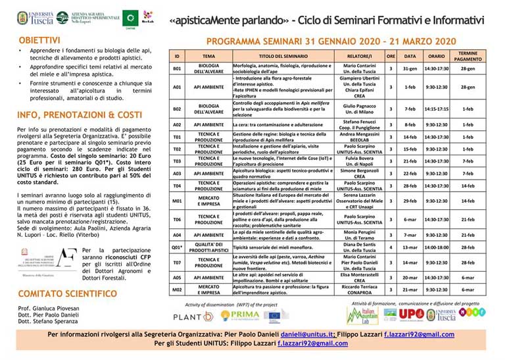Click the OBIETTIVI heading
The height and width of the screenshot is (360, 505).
39,40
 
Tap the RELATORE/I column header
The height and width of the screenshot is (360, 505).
360,57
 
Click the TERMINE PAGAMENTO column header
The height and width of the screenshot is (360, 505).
468,57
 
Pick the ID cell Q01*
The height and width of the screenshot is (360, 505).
177,247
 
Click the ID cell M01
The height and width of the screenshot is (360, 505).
177,201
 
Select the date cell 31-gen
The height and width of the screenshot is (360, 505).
410,68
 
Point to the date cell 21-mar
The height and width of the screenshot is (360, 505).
410,289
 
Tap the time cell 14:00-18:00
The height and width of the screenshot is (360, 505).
437,247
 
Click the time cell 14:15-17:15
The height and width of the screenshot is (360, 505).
437,109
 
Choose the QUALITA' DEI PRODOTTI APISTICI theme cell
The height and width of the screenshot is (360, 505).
208,247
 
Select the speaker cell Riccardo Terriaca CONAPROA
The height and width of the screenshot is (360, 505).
360,289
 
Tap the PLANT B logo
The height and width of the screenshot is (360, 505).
193,317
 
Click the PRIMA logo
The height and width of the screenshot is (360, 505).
241,316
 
